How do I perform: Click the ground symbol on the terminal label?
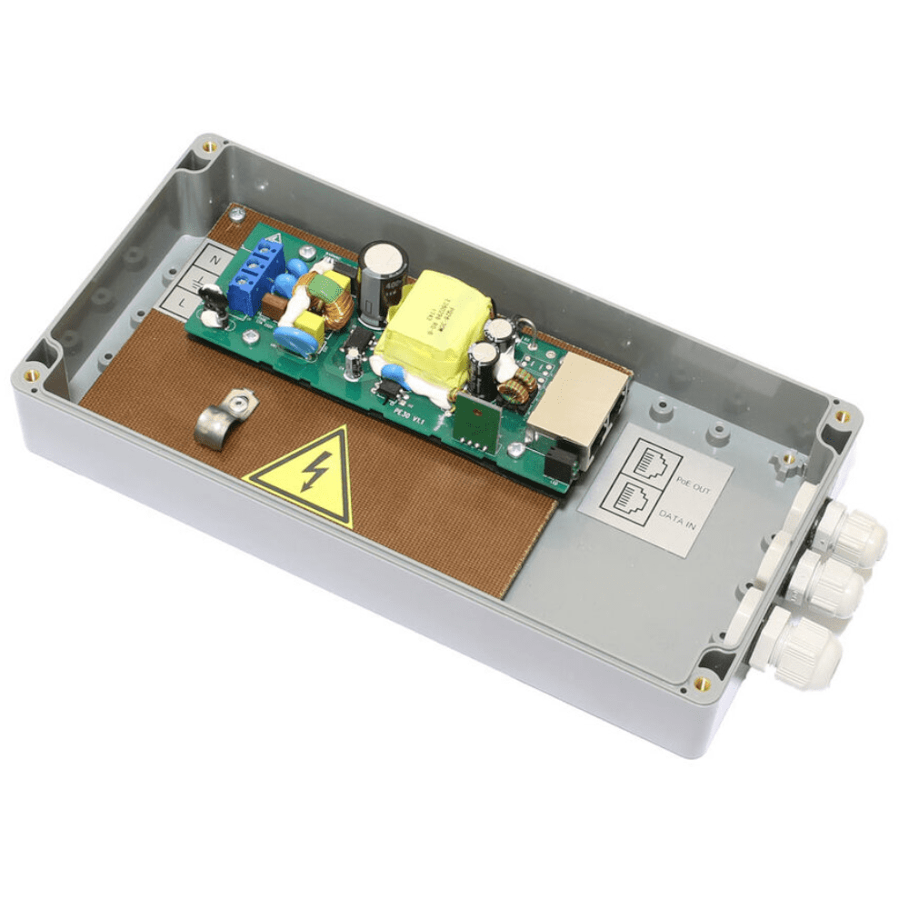[197, 278]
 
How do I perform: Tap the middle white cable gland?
[830, 586]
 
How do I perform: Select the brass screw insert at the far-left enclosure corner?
[33, 373]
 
